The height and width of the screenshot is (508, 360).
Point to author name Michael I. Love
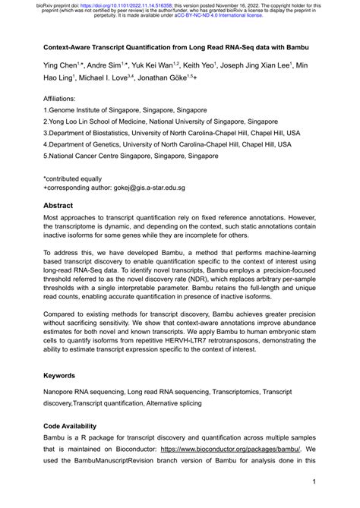point(107,78)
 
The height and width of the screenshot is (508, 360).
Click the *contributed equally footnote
point(77,175)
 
